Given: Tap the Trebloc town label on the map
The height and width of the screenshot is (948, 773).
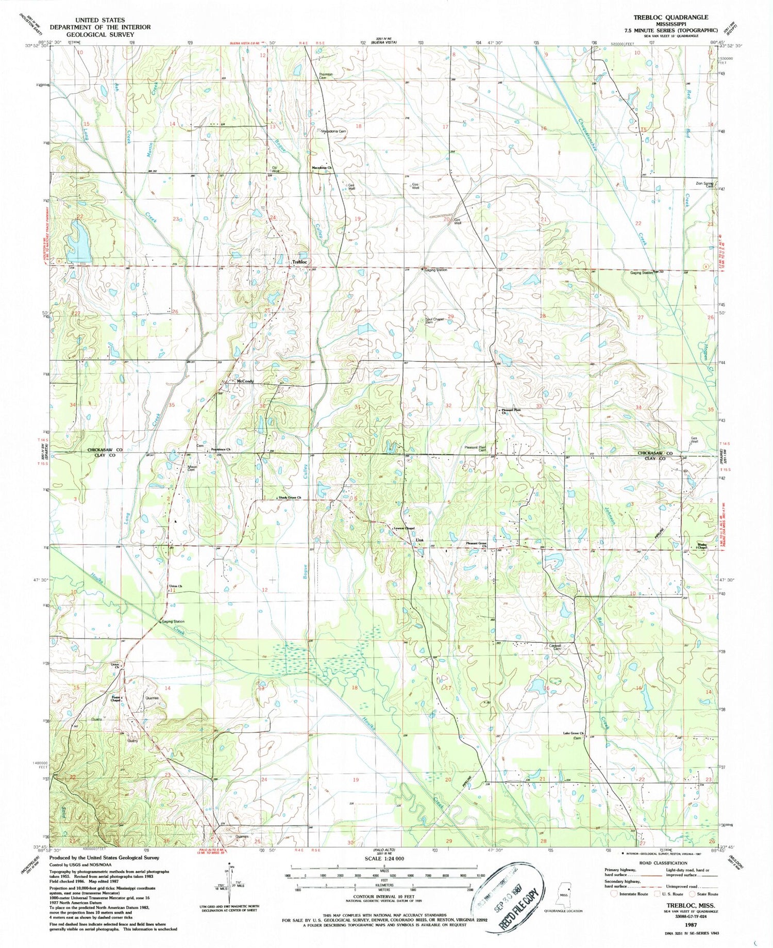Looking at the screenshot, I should click(x=299, y=262).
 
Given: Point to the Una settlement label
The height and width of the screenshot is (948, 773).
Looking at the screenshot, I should click(x=419, y=540).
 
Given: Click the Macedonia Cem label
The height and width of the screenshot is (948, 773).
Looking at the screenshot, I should click(x=334, y=131).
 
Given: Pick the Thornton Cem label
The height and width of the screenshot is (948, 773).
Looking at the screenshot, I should click(x=326, y=76).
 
